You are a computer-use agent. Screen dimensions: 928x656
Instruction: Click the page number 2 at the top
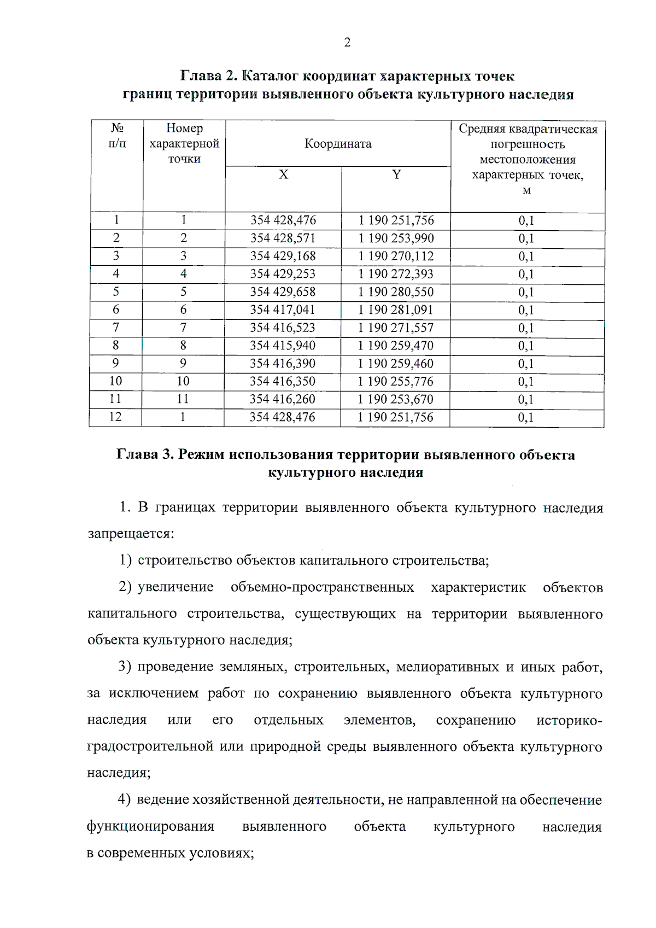[x=347, y=43]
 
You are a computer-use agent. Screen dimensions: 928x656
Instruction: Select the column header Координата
[x=338, y=144]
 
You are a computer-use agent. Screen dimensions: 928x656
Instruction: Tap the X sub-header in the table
[x=283, y=174]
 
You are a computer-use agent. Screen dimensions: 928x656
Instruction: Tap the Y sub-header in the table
[x=396, y=174]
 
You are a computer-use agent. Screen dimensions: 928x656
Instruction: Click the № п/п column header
[x=117, y=136]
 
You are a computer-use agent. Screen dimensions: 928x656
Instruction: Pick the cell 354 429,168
[x=283, y=256]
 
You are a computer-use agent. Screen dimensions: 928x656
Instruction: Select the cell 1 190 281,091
[x=396, y=310]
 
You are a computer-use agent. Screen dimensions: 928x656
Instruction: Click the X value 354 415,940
[x=283, y=346]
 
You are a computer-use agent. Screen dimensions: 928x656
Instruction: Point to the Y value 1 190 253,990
[x=396, y=238]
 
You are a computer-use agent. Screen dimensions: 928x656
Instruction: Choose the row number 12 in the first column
[x=115, y=417]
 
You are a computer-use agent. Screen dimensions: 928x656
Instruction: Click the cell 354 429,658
[x=283, y=292]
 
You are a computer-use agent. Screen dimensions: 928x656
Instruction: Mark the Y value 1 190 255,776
[x=396, y=381]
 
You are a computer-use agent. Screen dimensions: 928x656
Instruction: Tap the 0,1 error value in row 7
[x=526, y=328]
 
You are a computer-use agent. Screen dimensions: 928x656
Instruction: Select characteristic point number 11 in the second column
[x=183, y=399]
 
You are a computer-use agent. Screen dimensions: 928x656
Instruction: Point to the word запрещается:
[x=131, y=534]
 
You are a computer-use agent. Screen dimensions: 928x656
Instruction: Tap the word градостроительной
[x=150, y=747]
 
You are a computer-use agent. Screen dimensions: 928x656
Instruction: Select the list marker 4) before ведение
[x=124, y=800]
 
